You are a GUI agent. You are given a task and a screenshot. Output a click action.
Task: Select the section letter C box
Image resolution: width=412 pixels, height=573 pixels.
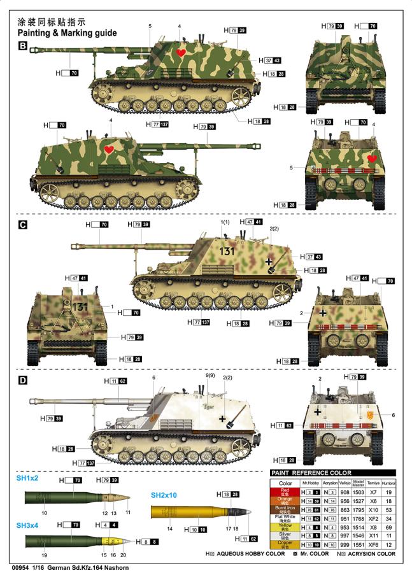tap(22, 225)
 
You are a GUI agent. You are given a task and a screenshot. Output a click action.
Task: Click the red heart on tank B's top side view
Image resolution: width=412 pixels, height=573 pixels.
tap(181, 52)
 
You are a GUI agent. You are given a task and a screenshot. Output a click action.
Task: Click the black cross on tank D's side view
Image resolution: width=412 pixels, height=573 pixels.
tap(222, 418)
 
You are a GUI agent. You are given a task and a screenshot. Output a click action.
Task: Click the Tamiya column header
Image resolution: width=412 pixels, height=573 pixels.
tap(374, 483)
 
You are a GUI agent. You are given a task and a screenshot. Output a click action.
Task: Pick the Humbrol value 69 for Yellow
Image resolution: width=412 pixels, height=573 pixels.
tap(388, 528)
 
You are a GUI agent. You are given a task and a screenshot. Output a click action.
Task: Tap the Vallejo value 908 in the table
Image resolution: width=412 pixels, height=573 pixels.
tap(344, 493)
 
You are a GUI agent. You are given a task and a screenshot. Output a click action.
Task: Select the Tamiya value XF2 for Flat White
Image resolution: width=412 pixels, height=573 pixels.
tap(374, 519)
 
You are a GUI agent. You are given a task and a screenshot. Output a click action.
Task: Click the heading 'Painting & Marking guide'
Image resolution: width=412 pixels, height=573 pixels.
tap(67, 33)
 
